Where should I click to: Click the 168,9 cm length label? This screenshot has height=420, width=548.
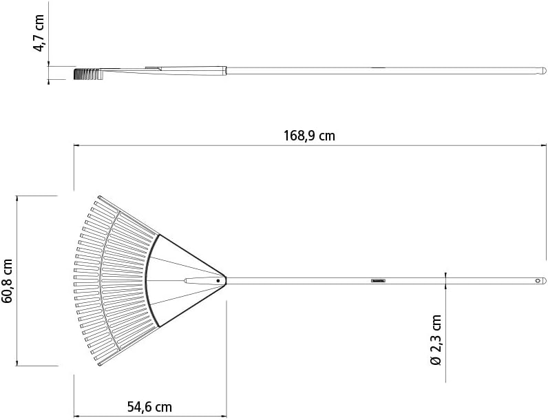click(309, 136)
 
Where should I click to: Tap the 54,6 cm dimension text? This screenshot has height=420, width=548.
click(149, 407)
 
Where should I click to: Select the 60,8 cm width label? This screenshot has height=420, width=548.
click(8, 280)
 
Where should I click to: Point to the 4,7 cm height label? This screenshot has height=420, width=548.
click(40, 32)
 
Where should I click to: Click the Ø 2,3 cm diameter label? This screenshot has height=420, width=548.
click(435, 340)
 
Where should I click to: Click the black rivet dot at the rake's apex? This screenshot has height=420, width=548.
click(218, 281)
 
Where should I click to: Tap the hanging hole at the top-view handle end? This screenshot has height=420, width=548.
click(539, 281)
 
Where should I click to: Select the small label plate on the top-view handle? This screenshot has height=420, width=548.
click(379, 281)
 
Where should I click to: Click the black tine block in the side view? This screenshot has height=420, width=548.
click(86, 72)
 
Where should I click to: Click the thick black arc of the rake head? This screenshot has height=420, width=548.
click(150, 280)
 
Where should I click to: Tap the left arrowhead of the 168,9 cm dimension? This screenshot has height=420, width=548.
click(76, 145)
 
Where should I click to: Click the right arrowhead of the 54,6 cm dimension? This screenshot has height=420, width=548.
click(224, 415)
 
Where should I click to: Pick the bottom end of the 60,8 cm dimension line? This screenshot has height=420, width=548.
click(17, 365)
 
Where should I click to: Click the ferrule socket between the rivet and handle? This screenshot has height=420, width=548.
click(200, 281)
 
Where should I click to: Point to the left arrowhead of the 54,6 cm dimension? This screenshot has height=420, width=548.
click(76, 415)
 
